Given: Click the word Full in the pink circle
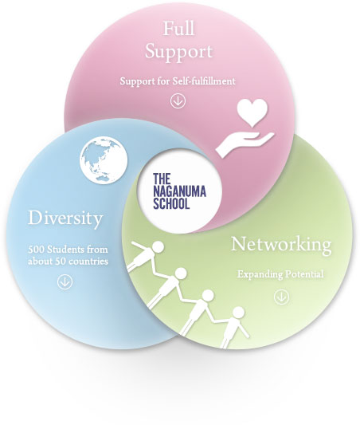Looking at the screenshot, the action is click(x=178, y=29).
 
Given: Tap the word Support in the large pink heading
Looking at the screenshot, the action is click(x=178, y=53).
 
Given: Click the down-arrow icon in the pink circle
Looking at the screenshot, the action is click(x=178, y=100).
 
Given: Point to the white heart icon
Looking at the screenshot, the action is click(x=252, y=112).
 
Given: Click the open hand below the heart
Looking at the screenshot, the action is click(x=245, y=144).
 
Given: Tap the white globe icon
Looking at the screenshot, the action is click(x=104, y=160).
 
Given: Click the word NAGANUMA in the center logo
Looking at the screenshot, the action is click(x=179, y=191).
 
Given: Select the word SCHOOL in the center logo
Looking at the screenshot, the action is click(x=171, y=203).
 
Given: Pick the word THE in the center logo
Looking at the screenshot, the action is click(x=162, y=179).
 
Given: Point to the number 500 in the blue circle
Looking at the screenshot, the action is click(x=36, y=250).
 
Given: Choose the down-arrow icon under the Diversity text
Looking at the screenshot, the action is click(x=65, y=282).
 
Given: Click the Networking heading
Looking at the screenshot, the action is click(x=281, y=245).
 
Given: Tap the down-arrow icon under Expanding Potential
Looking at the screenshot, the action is click(x=281, y=297).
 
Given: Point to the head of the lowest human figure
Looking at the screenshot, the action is click(x=238, y=313).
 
